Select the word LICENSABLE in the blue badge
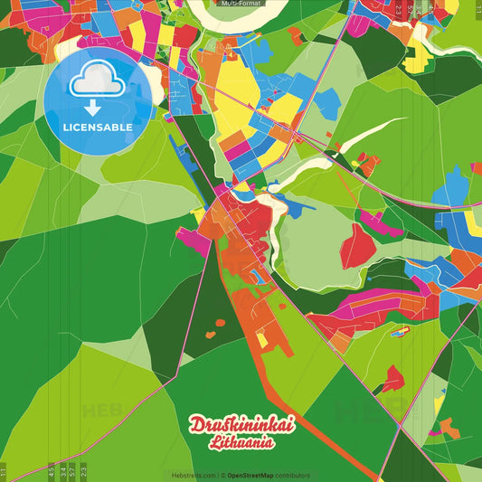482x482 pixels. [x=98, y=128]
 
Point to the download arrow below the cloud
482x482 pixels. [x=98, y=107]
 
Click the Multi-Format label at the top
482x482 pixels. [x=241, y=4]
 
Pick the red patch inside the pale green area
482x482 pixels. [x=358, y=241]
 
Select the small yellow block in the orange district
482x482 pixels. [x=262, y=340]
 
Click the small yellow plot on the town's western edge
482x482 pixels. [x=197, y=215]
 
